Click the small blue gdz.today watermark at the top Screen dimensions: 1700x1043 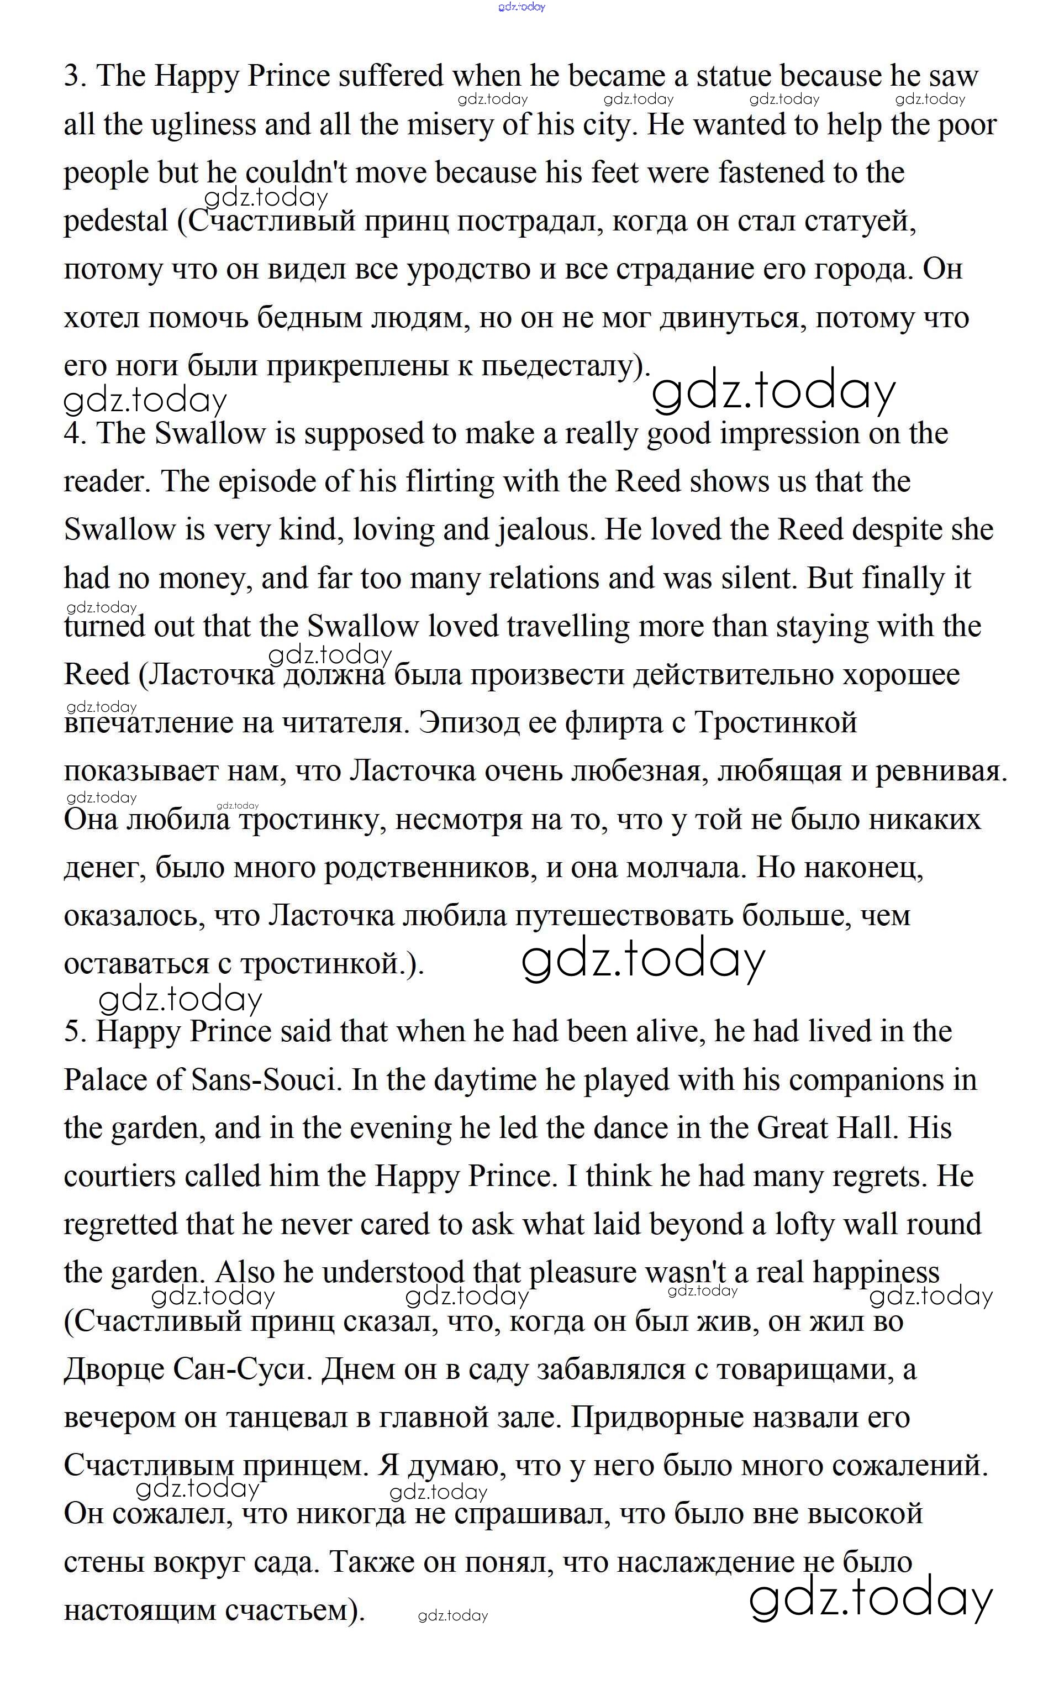(521, 7)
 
